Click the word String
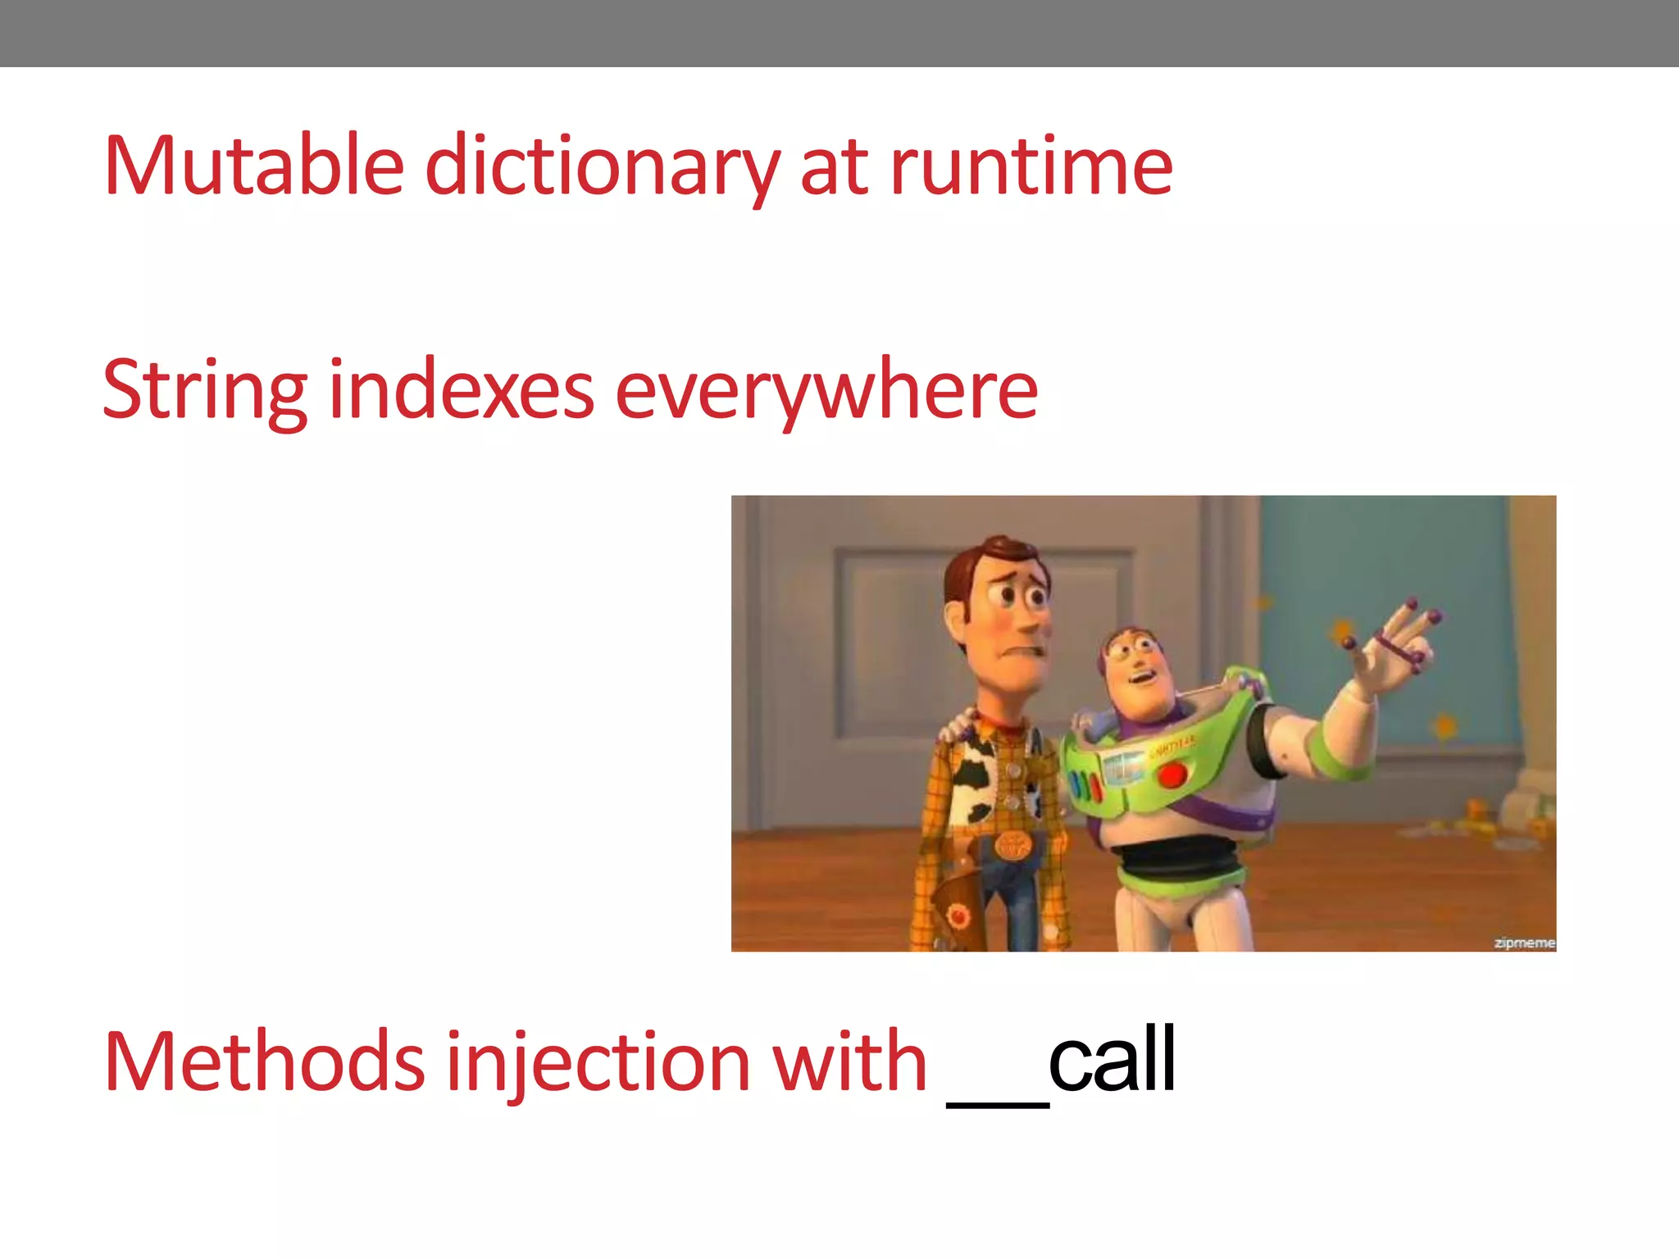(x=205, y=391)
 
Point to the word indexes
(x=461, y=391)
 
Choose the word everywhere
(x=826, y=391)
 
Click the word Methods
(x=264, y=1063)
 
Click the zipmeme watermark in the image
(x=1523, y=943)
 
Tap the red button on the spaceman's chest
(x=1173, y=773)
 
